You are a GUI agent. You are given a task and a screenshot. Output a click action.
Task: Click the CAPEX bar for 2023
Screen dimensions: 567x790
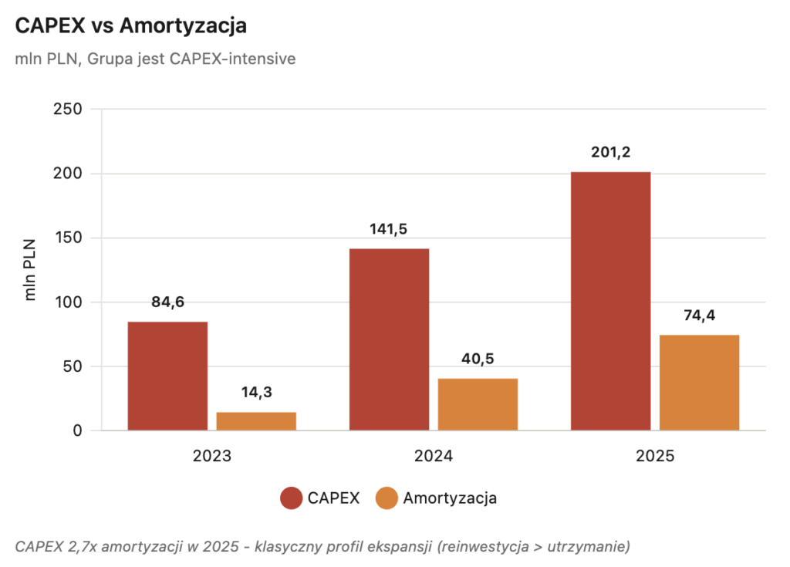pos(167,376)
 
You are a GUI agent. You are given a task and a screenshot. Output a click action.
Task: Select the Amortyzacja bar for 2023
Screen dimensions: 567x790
pos(256,421)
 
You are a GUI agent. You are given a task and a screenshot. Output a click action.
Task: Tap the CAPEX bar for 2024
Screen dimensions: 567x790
pos(389,339)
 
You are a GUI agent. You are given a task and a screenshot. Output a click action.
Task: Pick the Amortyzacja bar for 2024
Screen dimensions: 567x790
pos(478,404)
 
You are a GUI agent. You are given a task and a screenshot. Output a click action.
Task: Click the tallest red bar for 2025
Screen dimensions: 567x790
pos(610,301)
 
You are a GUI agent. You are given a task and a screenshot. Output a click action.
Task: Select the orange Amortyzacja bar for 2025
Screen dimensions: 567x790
pos(699,383)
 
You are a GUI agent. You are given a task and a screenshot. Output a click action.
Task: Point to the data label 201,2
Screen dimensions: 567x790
pos(610,153)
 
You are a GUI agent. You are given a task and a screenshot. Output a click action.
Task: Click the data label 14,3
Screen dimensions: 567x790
pos(256,393)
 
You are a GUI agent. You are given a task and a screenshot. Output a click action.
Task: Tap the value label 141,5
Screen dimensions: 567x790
pos(389,229)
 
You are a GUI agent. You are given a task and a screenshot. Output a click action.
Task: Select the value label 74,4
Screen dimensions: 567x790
pos(699,316)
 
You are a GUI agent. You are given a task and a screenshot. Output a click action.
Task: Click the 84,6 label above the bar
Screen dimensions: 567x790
pos(167,302)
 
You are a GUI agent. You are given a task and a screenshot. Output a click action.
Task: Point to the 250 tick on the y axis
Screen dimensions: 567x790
pos(67,109)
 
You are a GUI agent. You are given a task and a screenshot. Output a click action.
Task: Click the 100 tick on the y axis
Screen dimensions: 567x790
pos(67,302)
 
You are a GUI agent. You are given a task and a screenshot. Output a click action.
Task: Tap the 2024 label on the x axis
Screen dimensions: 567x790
pos(433,456)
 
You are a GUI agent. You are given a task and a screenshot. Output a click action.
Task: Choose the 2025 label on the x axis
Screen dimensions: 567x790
pos(654,456)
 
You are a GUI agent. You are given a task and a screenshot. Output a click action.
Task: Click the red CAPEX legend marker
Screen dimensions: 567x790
pos(291,498)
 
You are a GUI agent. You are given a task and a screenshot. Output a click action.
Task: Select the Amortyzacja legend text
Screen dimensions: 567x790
pos(450,498)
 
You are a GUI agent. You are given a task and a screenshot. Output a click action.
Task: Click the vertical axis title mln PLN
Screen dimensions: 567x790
pos(30,269)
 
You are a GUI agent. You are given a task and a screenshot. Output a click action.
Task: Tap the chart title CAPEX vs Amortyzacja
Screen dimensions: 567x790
pos(130,25)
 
